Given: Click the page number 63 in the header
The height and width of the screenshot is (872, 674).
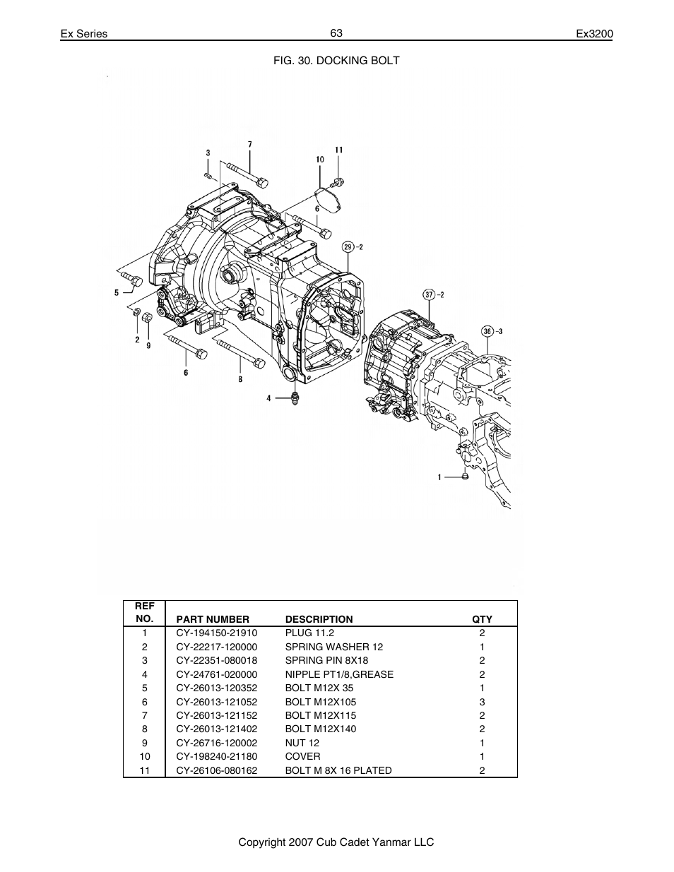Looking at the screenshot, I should (x=336, y=33).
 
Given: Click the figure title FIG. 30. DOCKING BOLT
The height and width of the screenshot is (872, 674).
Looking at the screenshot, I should (x=336, y=61).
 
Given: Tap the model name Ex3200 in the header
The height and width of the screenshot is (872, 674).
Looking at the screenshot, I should (x=594, y=34).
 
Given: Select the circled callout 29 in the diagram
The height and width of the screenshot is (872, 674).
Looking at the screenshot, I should (x=348, y=246).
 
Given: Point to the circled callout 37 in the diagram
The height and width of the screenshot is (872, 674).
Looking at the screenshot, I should (x=429, y=294).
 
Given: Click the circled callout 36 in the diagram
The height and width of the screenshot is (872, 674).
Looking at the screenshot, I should (x=487, y=331).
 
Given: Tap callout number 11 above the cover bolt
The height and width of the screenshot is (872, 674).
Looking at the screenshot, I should (x=338, y=150).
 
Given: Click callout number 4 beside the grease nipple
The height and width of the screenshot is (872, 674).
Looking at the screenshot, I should (x=268, y=398).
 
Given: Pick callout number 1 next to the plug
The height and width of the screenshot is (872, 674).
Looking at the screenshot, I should (x=439, y=477).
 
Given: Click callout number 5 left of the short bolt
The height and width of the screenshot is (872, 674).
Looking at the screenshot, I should (x=117, y=292).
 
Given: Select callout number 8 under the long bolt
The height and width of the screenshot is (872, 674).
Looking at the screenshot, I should (x=240, y=379).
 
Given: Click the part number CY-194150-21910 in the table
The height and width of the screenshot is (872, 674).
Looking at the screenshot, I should (x=216, y=633).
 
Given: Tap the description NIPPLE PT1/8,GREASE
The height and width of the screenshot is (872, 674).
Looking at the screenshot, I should (x=339, y=674).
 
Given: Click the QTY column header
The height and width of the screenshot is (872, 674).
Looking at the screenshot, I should (x=482, y=619).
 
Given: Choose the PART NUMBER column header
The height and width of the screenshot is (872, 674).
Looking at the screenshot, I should (x=213, y=619).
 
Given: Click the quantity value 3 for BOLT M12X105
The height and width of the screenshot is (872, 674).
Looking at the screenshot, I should (x=482, y=702).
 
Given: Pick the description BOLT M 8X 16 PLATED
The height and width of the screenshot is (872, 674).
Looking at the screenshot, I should (x=338, y=770).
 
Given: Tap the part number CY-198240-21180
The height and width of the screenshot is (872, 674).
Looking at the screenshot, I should (x=216, y=756).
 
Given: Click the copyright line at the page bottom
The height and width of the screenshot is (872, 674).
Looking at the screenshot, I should (x=336, y=842).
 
